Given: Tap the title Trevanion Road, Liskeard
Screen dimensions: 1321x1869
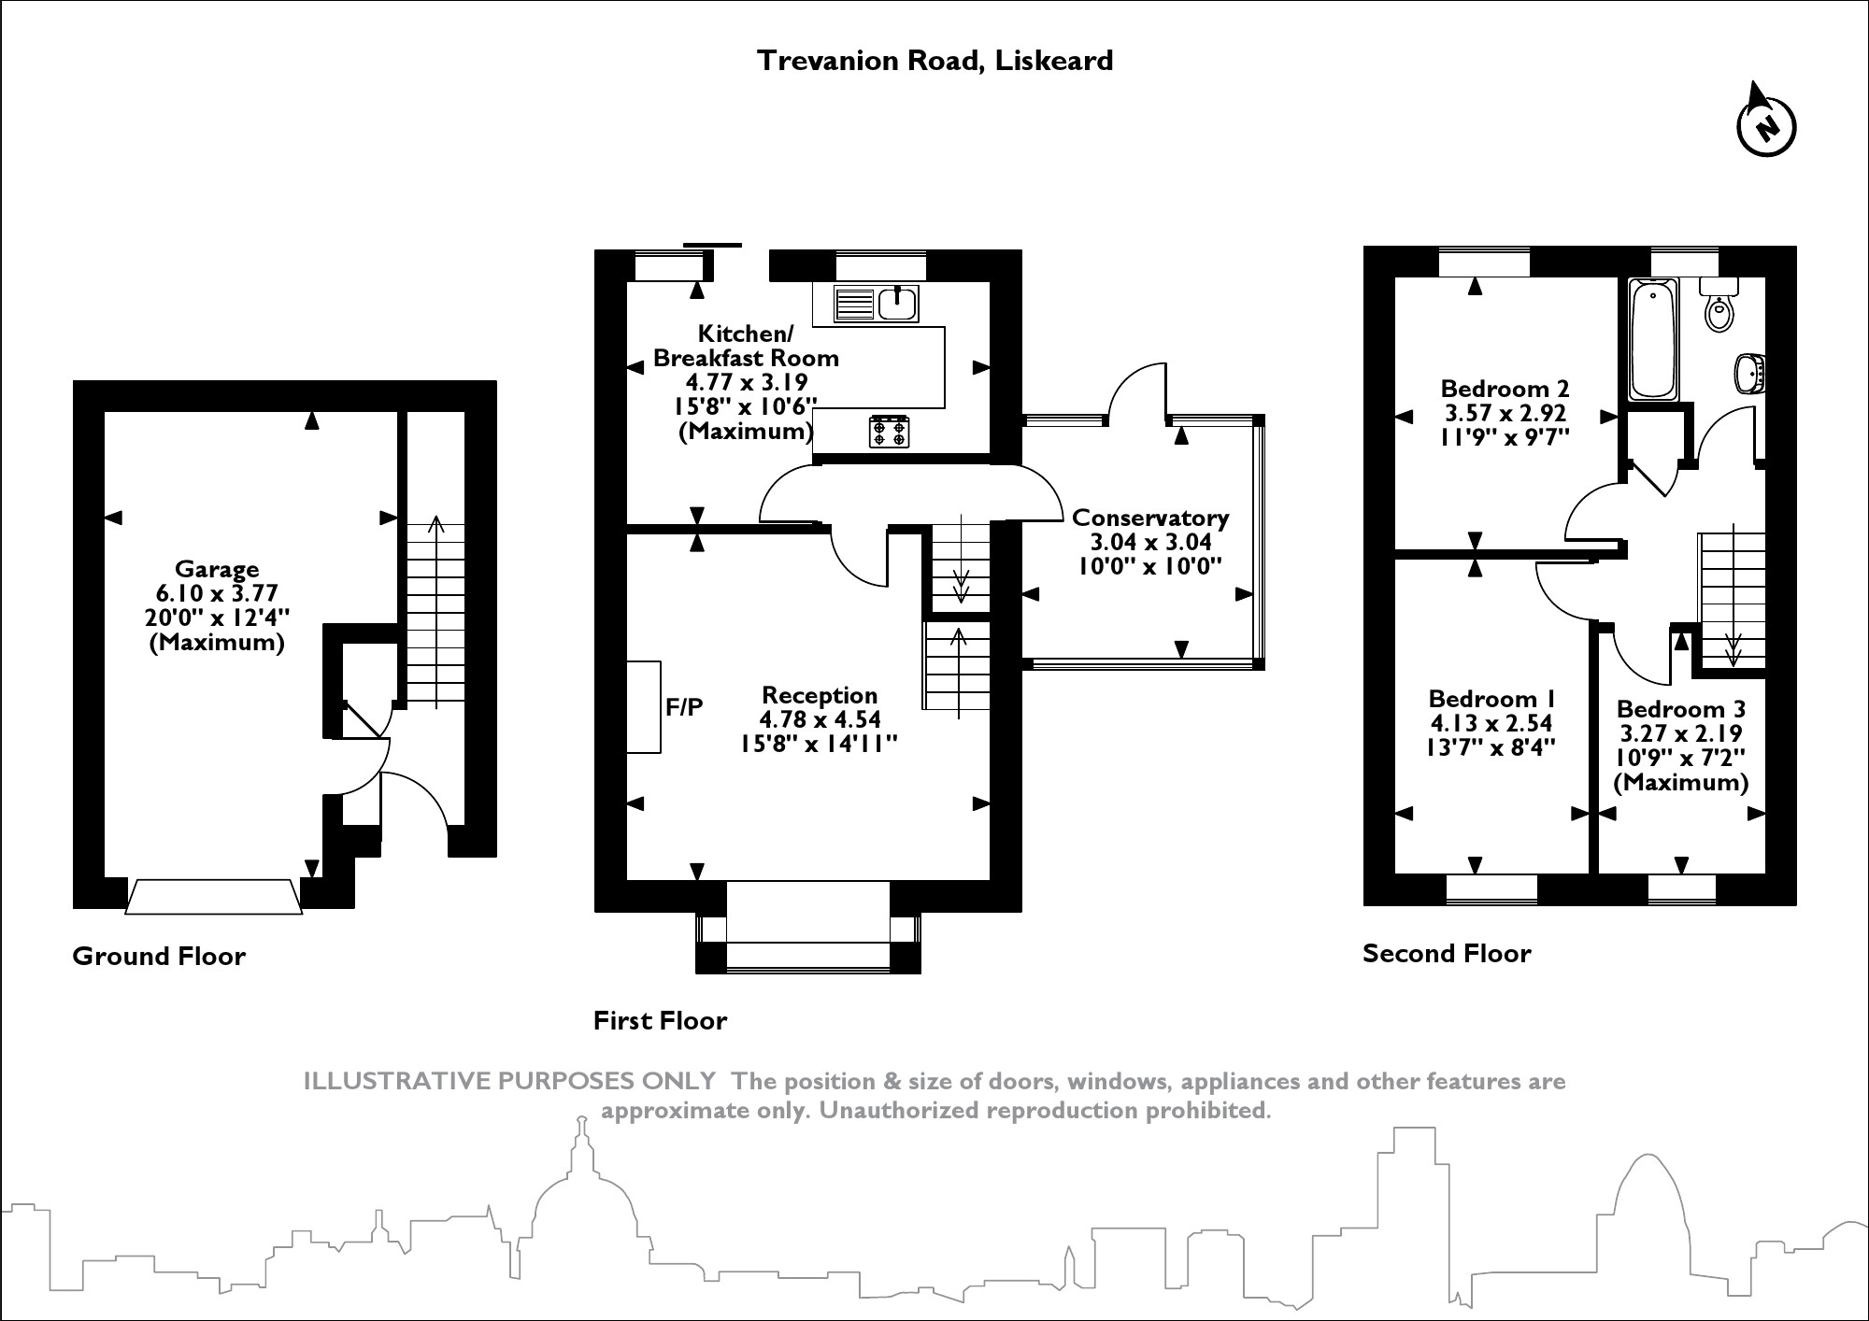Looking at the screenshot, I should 934,61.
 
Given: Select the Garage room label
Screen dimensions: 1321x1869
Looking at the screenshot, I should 217,569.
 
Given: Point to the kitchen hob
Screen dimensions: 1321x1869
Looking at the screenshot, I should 889,432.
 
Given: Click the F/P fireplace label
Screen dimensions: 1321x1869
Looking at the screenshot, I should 684,707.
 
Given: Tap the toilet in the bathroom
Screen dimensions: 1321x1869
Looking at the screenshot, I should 1719,306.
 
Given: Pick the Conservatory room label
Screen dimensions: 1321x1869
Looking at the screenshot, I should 1150,518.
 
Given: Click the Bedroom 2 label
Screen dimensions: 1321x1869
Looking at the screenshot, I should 1505,389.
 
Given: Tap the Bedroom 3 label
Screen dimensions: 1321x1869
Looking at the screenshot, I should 1681,709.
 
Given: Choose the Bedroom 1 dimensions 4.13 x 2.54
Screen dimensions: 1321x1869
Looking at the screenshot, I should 1491,723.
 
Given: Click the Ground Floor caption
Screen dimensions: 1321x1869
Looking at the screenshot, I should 159,957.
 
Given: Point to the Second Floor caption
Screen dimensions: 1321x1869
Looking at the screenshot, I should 1447,954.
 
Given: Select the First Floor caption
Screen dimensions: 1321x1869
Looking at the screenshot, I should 660,1021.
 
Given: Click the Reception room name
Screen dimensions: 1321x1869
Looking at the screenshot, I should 820,695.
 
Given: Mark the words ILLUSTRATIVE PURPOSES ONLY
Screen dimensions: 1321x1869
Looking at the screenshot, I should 509,1082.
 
